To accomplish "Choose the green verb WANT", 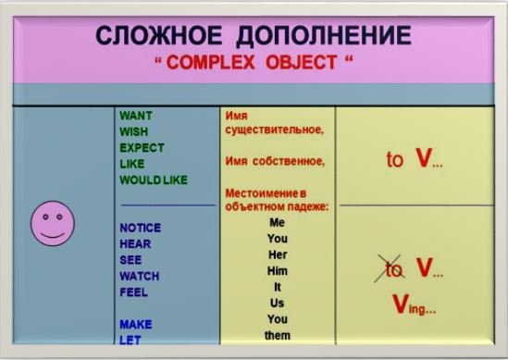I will [136, 116].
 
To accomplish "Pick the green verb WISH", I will [134, 131].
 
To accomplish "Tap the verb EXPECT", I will [142, 147].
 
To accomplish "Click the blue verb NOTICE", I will [141, 228].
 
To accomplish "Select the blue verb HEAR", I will [134, 244].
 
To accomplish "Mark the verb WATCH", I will [139, 276].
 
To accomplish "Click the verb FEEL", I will [133, 292].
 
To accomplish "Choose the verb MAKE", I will [135, 324].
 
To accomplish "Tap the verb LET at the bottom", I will [130, 339].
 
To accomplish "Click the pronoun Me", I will [277, 223].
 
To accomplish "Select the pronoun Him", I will [277, 270].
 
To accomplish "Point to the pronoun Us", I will [277, 303].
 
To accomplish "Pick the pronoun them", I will [277, 335].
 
